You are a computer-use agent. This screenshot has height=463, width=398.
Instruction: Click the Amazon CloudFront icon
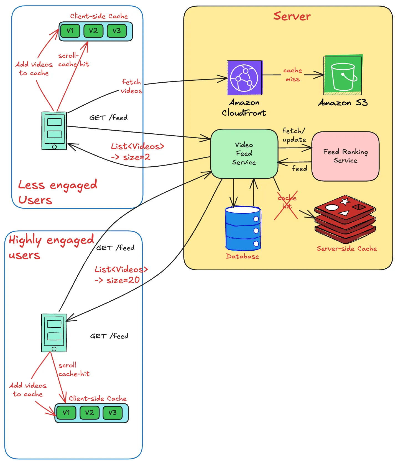pyautogui.click(x=244, y=78)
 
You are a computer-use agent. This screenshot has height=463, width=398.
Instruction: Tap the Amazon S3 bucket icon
pyautogui.click(x=343, y=75)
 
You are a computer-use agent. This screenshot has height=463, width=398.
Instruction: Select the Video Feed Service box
pyautogui.click(x=244, y=154)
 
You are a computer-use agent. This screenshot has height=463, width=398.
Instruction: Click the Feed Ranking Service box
pyautogui.click(x=345, y=156)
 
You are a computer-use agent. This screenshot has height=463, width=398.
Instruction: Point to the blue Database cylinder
pyautogui.click(x=243, y=228)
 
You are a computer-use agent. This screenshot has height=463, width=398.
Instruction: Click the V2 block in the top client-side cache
pyautogui.click(x=93, y=31)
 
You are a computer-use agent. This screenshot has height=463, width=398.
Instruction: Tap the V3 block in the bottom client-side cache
pyautogui.click(x=113, y=413)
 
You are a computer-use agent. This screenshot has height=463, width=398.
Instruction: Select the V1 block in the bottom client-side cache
pyautogui.click(x=66, y=413)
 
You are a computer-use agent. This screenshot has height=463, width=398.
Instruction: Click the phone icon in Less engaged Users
pyautogui.click(x=54, y=131)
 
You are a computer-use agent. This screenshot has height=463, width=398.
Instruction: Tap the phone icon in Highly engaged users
pyautogui.click(x=54, y=333)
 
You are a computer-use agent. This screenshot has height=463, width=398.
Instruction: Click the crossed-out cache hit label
pyautogui.click(x=287, y=202)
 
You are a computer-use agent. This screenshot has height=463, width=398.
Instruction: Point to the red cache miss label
pyautogui.click(x=293, y=75)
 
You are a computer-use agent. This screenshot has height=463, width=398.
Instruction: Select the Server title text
pyautogui.click(x=292, y=16)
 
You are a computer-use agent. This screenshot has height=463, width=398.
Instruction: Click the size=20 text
pyautogui.click(x=123, y=280)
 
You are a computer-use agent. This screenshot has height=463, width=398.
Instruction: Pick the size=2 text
pyautogui.click(x=136, y=157)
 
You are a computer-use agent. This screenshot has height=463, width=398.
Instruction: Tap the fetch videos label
pyautogui.click(x=131, y=86)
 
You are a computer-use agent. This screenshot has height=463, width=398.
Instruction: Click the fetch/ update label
pyautogui.click(x=294, y=135)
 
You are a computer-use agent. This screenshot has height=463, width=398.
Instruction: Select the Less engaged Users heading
pyautogui.click(x=57, y=192)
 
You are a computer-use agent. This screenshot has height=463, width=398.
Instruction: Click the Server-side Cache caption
pyautogui.click(x=347, y=248)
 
